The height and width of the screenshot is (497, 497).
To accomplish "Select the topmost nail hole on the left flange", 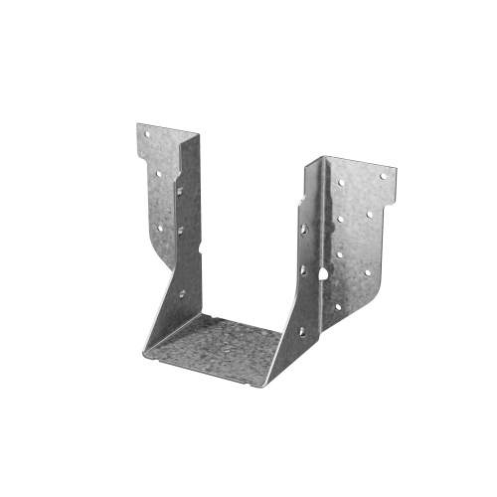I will (x=145, y=132).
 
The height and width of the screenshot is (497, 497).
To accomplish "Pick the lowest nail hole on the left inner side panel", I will (x=182, y=293).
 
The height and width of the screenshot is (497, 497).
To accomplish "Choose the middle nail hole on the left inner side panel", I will (x=181, y=230).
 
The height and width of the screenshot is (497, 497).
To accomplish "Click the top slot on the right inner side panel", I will (x=303, y=229).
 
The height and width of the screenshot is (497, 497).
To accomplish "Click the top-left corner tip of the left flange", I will (x=136, y=123).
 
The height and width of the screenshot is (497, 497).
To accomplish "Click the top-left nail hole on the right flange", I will (x=340, y=183).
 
